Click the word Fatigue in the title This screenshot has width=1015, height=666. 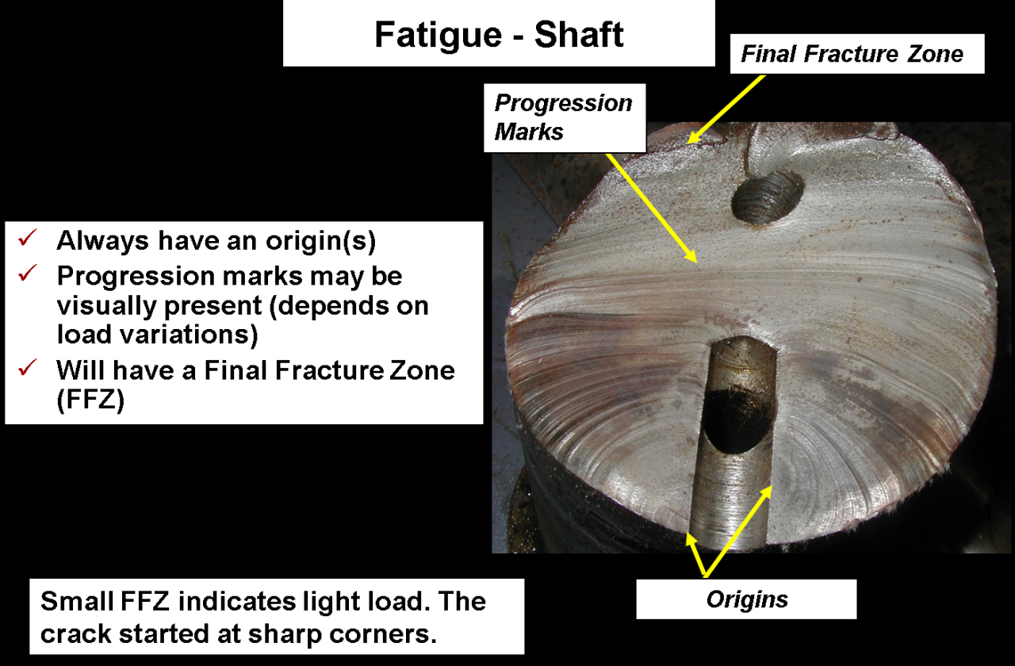click(439, 36)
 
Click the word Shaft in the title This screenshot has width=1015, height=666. click(579, 34)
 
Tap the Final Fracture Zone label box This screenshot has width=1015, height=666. click(857, 53)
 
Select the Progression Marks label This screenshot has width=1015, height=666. click(565, 117)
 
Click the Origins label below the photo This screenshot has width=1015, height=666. click(746, 599)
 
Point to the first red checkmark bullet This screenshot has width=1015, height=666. click(28, 237)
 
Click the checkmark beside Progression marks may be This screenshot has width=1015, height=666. click(28, 273)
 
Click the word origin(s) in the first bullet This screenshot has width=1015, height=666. click(321, 240)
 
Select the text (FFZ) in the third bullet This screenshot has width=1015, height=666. click(90, 400)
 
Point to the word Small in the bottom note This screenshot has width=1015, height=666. click(77, 601)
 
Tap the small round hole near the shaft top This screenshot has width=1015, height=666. click(767, 198)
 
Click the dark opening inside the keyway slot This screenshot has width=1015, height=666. click(737, 420)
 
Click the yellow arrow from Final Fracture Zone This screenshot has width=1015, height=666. click(726, 109)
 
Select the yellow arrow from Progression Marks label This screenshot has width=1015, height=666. click(652, 208)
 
